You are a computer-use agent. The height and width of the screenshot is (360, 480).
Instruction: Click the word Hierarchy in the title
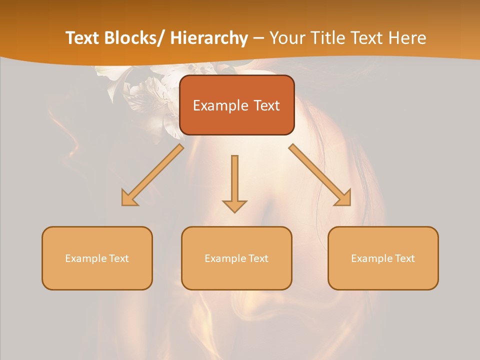coord(209,38)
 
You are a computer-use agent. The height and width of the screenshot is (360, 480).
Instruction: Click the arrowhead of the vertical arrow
coord(234,205)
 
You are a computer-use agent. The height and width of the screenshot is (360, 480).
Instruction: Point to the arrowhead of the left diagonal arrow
coord(129,198)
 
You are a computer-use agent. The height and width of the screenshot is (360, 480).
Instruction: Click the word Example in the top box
coord(220,105)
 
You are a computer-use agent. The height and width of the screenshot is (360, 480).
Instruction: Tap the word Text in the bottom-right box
coord(404,258)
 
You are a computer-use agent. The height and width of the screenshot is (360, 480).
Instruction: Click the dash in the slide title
coord(258,38)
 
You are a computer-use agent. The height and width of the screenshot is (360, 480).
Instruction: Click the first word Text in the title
coord(83,38)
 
